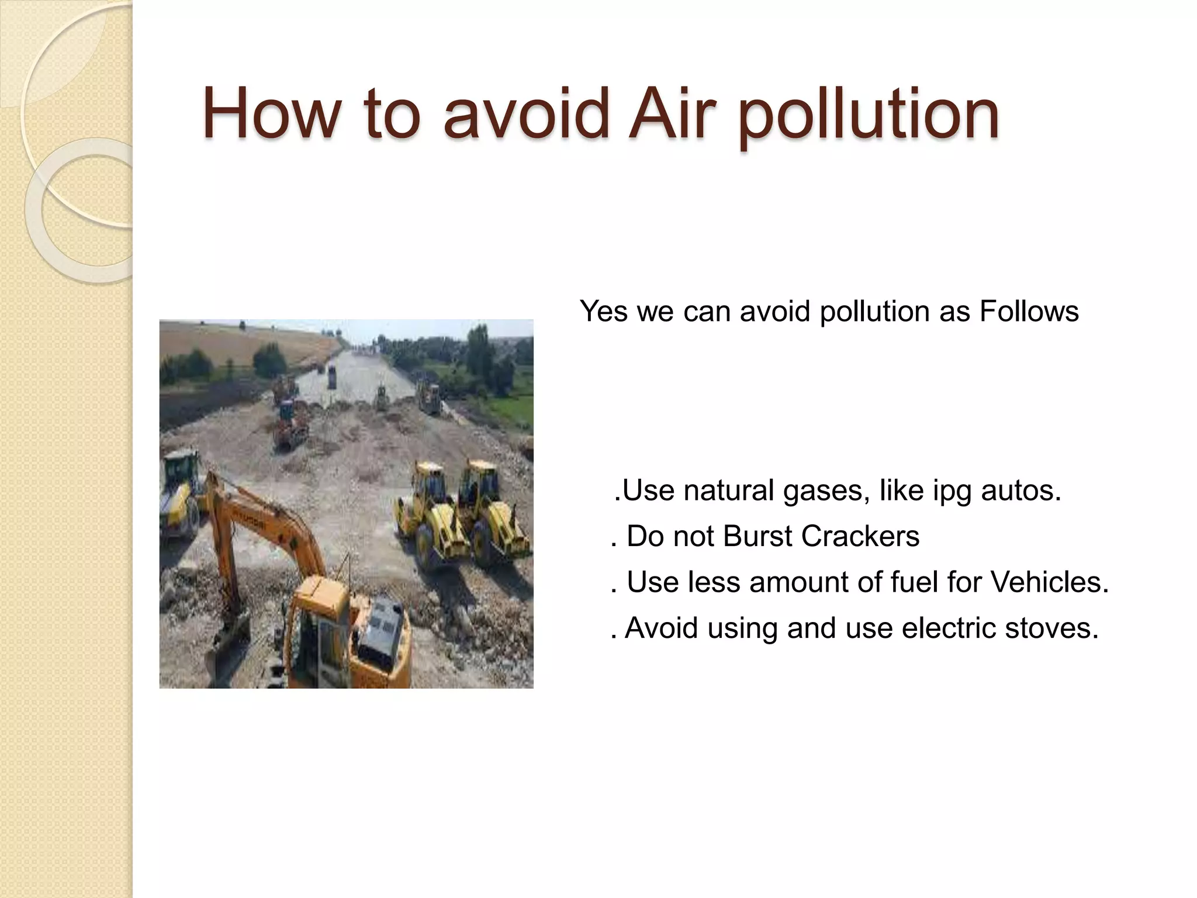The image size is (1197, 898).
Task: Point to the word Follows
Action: pyautogui.click(x=1029, y=311)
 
